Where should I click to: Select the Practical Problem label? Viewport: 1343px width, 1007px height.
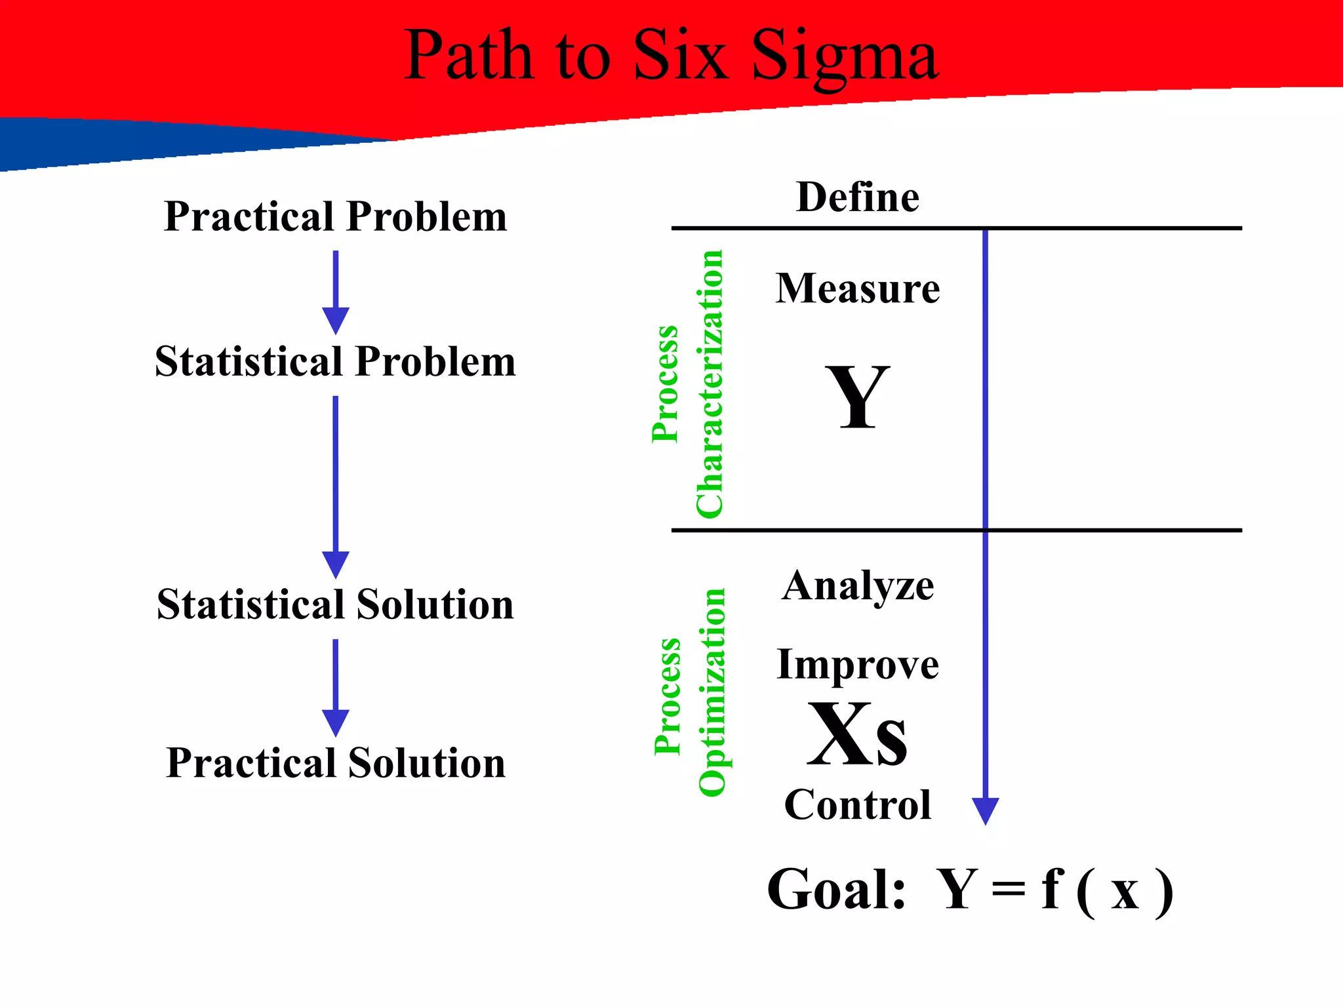click(335, 216)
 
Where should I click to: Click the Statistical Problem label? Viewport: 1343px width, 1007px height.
click(335, 361)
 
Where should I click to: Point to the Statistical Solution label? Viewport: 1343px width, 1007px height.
click(335, 604)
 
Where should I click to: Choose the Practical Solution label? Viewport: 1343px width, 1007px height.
click(335, 763)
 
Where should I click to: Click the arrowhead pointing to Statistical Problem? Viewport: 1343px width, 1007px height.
click(335, 321)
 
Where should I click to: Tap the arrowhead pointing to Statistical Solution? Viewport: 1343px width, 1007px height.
click(335, 564)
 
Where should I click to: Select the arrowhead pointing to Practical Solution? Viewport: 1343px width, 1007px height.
click(335, 723)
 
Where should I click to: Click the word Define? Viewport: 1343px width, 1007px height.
click(857, 197)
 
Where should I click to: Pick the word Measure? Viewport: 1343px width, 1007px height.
click(857, 288)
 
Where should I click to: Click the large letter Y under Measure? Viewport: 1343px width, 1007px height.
click(857, 397)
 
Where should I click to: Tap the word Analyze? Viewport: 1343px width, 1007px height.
click(857, 585)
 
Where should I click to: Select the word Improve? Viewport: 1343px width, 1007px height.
click(857, 665)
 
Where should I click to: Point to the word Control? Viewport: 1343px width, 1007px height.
click(857, 804)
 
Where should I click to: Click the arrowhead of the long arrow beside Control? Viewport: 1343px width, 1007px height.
click(985, 810)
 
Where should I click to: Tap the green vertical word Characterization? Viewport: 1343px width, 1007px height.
click(710, 384)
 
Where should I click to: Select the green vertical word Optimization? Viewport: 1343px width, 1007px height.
click(712, 692)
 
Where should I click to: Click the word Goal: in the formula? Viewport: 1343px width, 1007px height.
click(836, 890)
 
